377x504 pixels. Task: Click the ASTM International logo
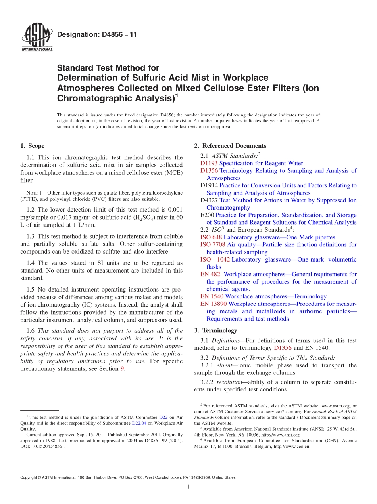(x=37, y=38)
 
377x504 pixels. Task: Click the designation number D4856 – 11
(x=97, y=34)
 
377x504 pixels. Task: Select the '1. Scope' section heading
(x=33, y=146)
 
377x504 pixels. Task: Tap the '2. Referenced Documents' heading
(x=230, y=146)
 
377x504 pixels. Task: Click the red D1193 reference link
(x=209, y=163)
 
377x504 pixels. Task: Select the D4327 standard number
(x=209, y=200)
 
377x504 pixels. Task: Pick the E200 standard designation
(x=207, y=215)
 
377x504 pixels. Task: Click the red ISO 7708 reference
(x=213, y=244)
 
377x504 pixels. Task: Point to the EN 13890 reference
(x=214, y=304)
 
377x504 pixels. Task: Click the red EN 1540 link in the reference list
(x=212, y=296)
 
